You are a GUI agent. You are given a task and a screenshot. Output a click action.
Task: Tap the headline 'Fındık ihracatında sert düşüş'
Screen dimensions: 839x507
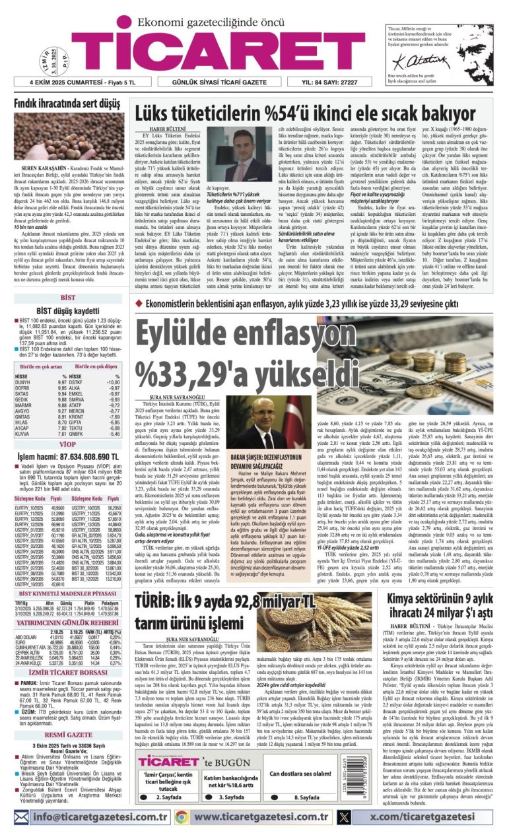(68, 104)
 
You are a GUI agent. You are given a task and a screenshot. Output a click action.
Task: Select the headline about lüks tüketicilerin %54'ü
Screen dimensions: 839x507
(312, 113)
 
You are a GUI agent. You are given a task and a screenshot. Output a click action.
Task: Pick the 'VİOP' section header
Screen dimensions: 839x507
(68, 445)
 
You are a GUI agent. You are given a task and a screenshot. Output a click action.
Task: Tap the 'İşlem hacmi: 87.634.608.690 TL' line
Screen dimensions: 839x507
(68, 457)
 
